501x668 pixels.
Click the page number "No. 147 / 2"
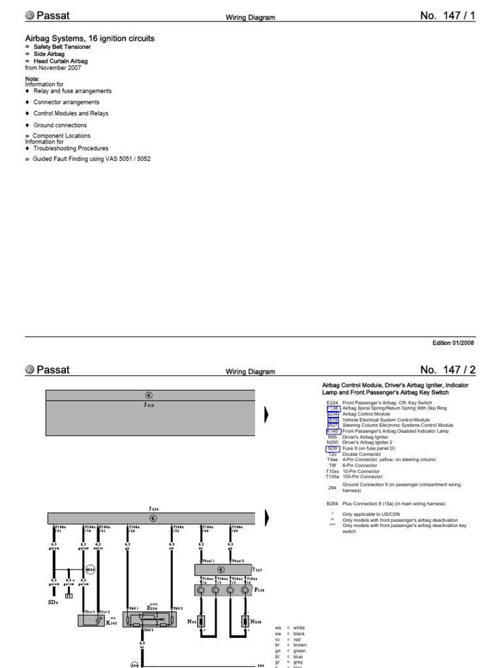(x=448, y=370)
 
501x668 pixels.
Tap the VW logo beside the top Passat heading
(x=29, y=16)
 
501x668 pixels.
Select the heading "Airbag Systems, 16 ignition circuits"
(x=89, y=39)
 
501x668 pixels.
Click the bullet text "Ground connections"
(x=60, y=125)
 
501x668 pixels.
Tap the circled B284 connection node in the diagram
(x=89, y=569)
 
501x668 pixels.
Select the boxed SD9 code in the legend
(x=333, y=449)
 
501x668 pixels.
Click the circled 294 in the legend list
(x=333, y=487)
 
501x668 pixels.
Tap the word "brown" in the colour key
(x=300, y=645)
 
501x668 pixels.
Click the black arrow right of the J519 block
(x=266, y=415)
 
